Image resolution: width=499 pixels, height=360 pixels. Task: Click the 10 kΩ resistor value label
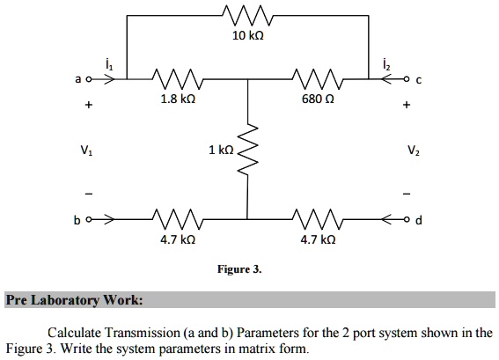[x=247, y=36]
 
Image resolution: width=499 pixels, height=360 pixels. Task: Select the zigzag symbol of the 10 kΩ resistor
[x=247, y=15]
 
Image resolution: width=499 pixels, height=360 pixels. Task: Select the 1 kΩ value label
[x=221, y=150]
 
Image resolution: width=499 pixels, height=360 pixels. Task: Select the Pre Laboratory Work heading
[x=74, y=300]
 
